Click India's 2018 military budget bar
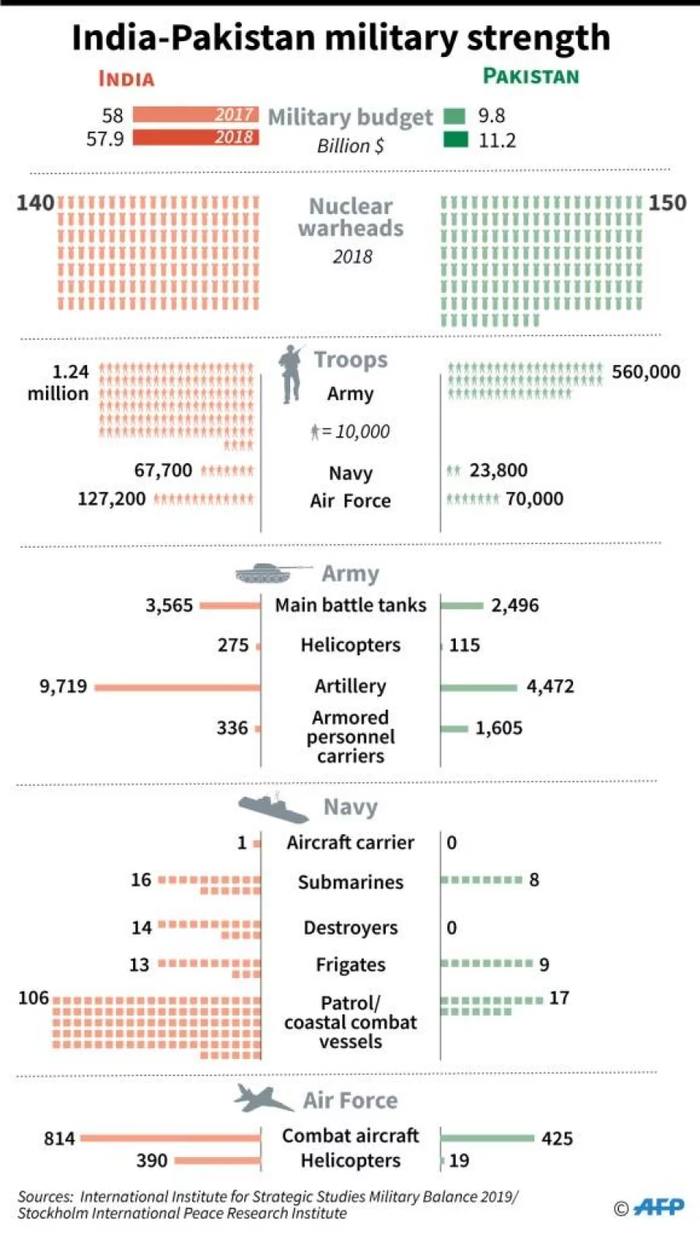coord(195,138)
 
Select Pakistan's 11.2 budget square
coord(456,139)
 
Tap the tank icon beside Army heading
coord(268,573)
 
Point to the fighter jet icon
coord(263,1098)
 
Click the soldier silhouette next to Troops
coord(292,374)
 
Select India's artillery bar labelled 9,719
coord(177,687)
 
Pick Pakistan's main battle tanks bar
coord(462,605)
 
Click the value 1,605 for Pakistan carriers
coord(499,728)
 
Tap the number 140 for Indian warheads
coord(35,203)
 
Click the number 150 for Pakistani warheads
coord(667,203)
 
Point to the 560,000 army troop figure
coord(646,372)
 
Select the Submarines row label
coord(350,882)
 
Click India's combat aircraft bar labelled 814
coord(170,1138)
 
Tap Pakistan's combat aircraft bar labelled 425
coord(487,1138)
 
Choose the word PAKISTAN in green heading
coord(531,76)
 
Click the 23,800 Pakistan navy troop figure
coord(498,471)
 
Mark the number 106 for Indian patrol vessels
coord(33,998)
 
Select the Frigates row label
coord(350,965)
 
